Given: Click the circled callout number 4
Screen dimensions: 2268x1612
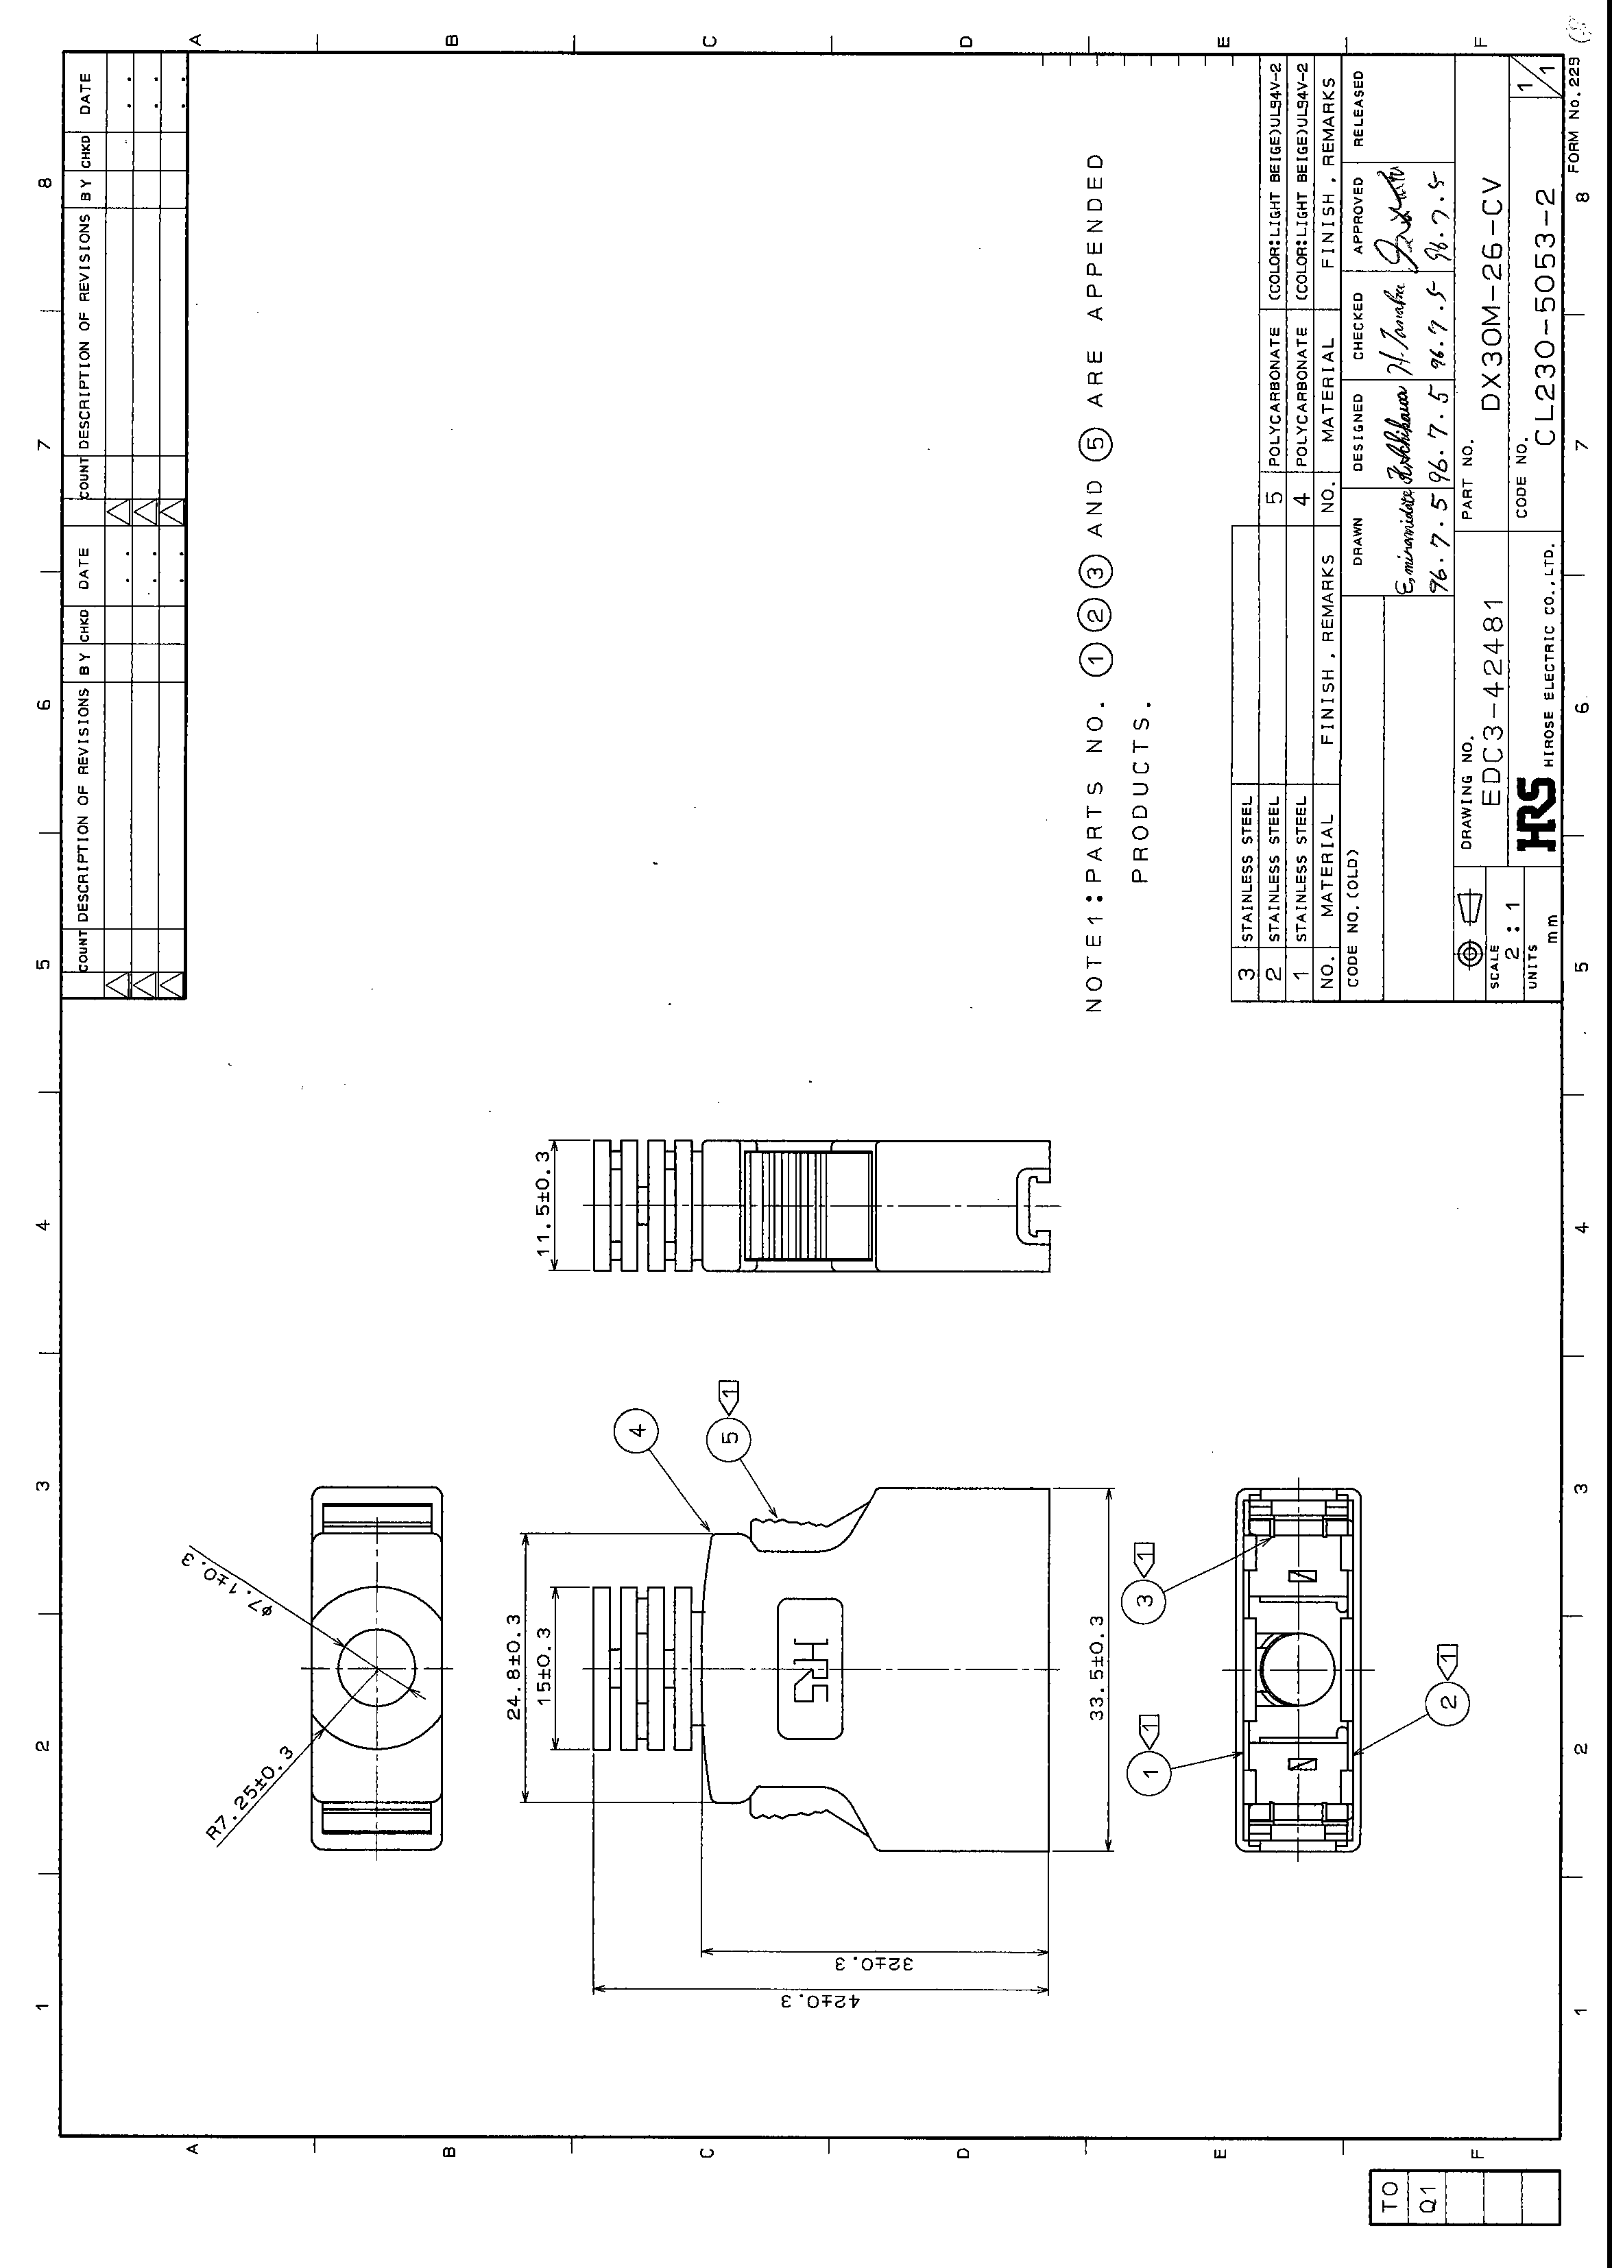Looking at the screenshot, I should (x=637, y=1430).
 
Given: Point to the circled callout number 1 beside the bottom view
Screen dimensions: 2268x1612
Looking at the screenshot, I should (x=1151, y=1772).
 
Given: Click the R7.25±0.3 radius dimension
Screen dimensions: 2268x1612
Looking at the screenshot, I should (x=250, y=1794).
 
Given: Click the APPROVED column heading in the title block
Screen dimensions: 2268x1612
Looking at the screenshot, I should (x=1357, y=215).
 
